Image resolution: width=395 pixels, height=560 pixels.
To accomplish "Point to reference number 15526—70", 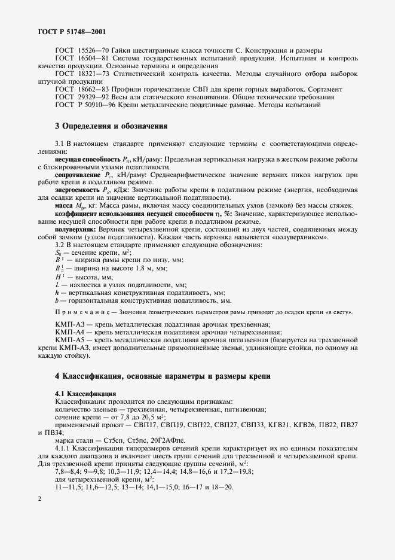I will click(x=90, y=50).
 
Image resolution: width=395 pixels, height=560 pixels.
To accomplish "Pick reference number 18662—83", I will click(x=90, y=89).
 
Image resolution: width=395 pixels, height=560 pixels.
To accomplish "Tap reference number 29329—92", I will click(x=90, y=96).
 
